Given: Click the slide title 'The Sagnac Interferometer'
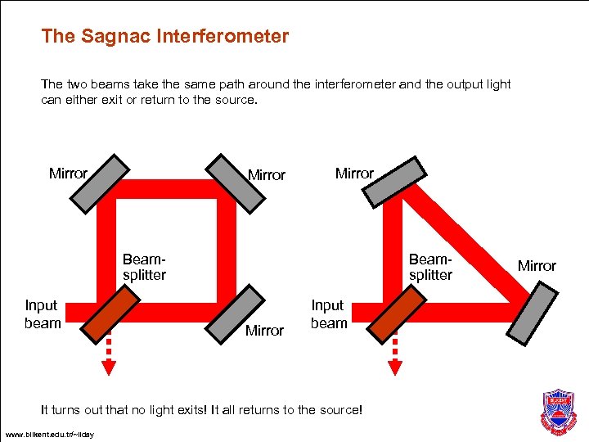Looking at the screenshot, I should point(164,37).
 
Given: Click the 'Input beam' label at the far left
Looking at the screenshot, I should point(43,314).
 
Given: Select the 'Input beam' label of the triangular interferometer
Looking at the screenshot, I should point(329,314).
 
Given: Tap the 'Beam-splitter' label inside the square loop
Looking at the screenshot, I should point(144,267).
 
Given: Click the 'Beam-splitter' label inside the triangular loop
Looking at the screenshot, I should point(430,267).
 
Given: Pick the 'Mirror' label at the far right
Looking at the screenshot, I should point(537,266).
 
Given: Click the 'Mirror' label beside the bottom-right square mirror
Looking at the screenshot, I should point(264,331).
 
